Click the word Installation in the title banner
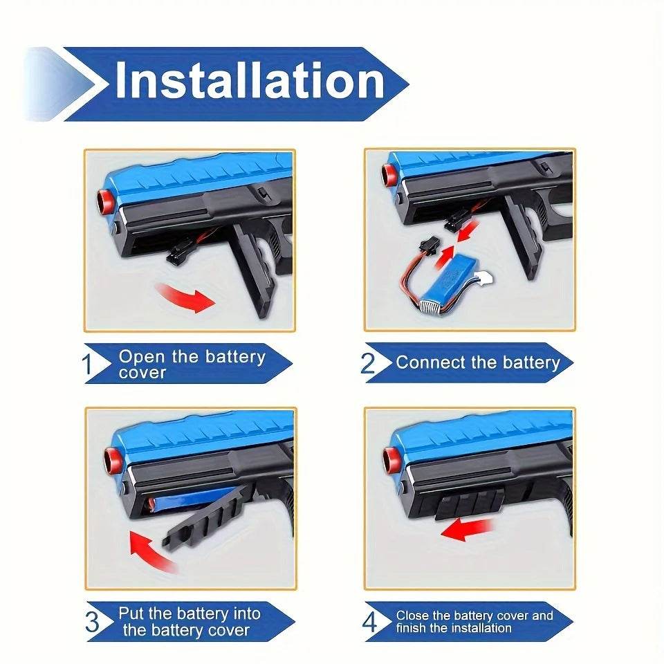tap(249, 82)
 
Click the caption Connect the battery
tap(478, 362)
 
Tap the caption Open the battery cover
tap(192, 365)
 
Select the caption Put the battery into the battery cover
tap(189, 621)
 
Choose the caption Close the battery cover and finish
tap(474, 622)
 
